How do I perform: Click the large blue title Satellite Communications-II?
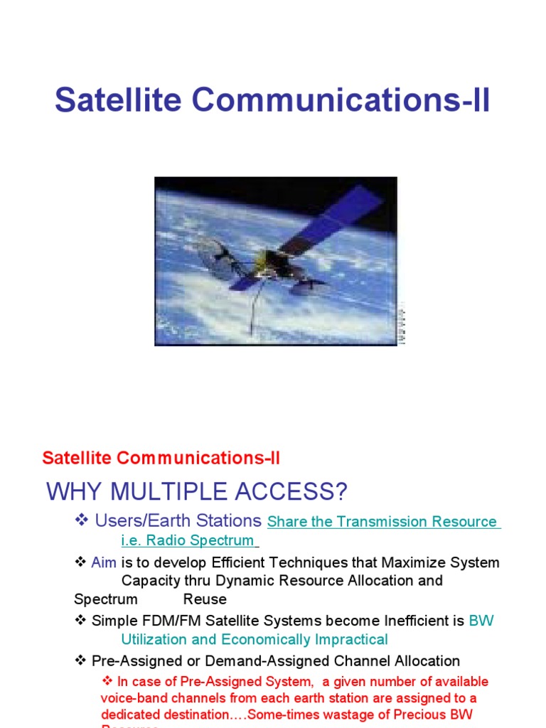point(272,100)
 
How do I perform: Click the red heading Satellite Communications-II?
point(161,458)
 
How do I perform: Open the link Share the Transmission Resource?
point(382,522)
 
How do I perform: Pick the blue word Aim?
point(104,562)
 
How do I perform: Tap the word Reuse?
point(205,599)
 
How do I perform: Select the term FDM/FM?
point(166,621)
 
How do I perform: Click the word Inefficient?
point(417,621)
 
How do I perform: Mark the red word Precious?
point(434,714)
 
